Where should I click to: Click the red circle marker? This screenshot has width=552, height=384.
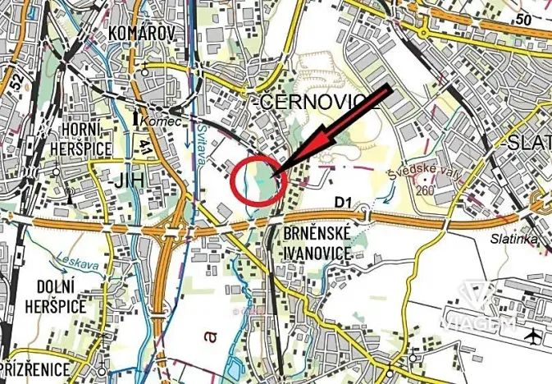(x=259, y=181)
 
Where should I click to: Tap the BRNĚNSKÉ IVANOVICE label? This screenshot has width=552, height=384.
(x=317, y=243)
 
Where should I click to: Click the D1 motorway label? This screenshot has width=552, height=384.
(x=341, y=199)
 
